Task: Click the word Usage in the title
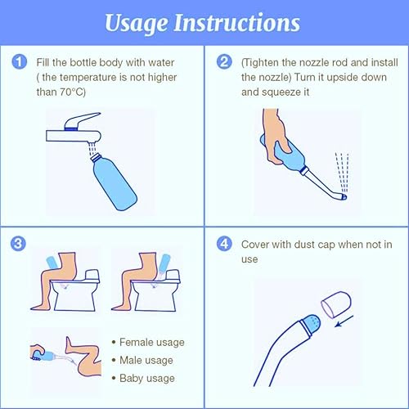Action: pyautogui.click(x=137, y=24)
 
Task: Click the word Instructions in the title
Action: pyautogui.click(x=237, y=22)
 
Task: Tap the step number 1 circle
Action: pyautogui.click(x=19, y=61)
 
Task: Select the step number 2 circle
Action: pyautogui.click(x=224, y=61)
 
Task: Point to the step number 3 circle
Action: pyautogui.click(x=18, y=244)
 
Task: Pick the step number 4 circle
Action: pyautogui.click(x=224, y=244)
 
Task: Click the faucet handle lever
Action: pyautogui.click(x=82, y=120)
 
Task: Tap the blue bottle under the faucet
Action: pyautogui.click(x=114, y=182)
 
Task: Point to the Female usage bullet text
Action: pyautogui.click(x=152, y=342)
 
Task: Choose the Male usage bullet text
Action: pyautogui.click(x=146, y=360)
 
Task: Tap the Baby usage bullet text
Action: pyautogui.click(x=147, y=378)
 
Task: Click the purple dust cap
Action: pyautogui.click(x=336, y=304)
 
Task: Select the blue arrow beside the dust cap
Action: pyautogui.click(x=344, y=321)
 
